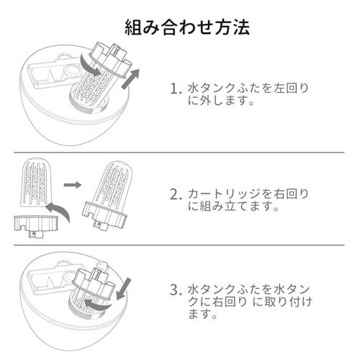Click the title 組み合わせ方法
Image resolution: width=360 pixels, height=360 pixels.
tap(187, 27)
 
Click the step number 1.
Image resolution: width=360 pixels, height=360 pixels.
tap(176, 89)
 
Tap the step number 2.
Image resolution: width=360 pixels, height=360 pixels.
tap(176, 194)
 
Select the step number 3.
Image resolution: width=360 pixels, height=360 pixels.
tap(176, 289)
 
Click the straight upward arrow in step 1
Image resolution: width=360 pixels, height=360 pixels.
tap(130, 78)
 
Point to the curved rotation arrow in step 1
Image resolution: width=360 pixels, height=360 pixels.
tap(89, 66)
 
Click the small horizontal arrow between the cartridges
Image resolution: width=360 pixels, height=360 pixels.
tap(73, 184)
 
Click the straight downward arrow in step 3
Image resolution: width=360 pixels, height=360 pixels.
tap(123, 289)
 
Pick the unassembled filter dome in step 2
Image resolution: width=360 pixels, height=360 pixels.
tap(35, 182)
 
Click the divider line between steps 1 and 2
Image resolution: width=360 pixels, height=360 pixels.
tap(179, 152)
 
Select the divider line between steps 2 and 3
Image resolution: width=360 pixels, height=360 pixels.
tap(179, 246)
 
